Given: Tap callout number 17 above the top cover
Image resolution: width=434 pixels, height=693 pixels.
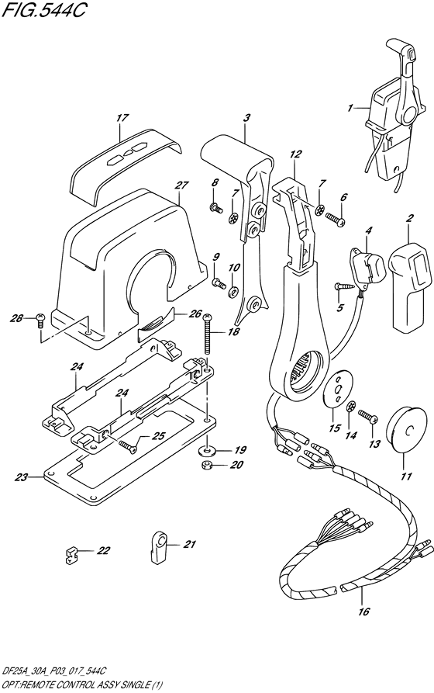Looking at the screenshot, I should (x=121, y=119).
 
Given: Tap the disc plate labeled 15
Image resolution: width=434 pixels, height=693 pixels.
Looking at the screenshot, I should (x=338, y=386).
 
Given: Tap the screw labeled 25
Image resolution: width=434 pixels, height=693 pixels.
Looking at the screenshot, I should (x=129, y=445).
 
